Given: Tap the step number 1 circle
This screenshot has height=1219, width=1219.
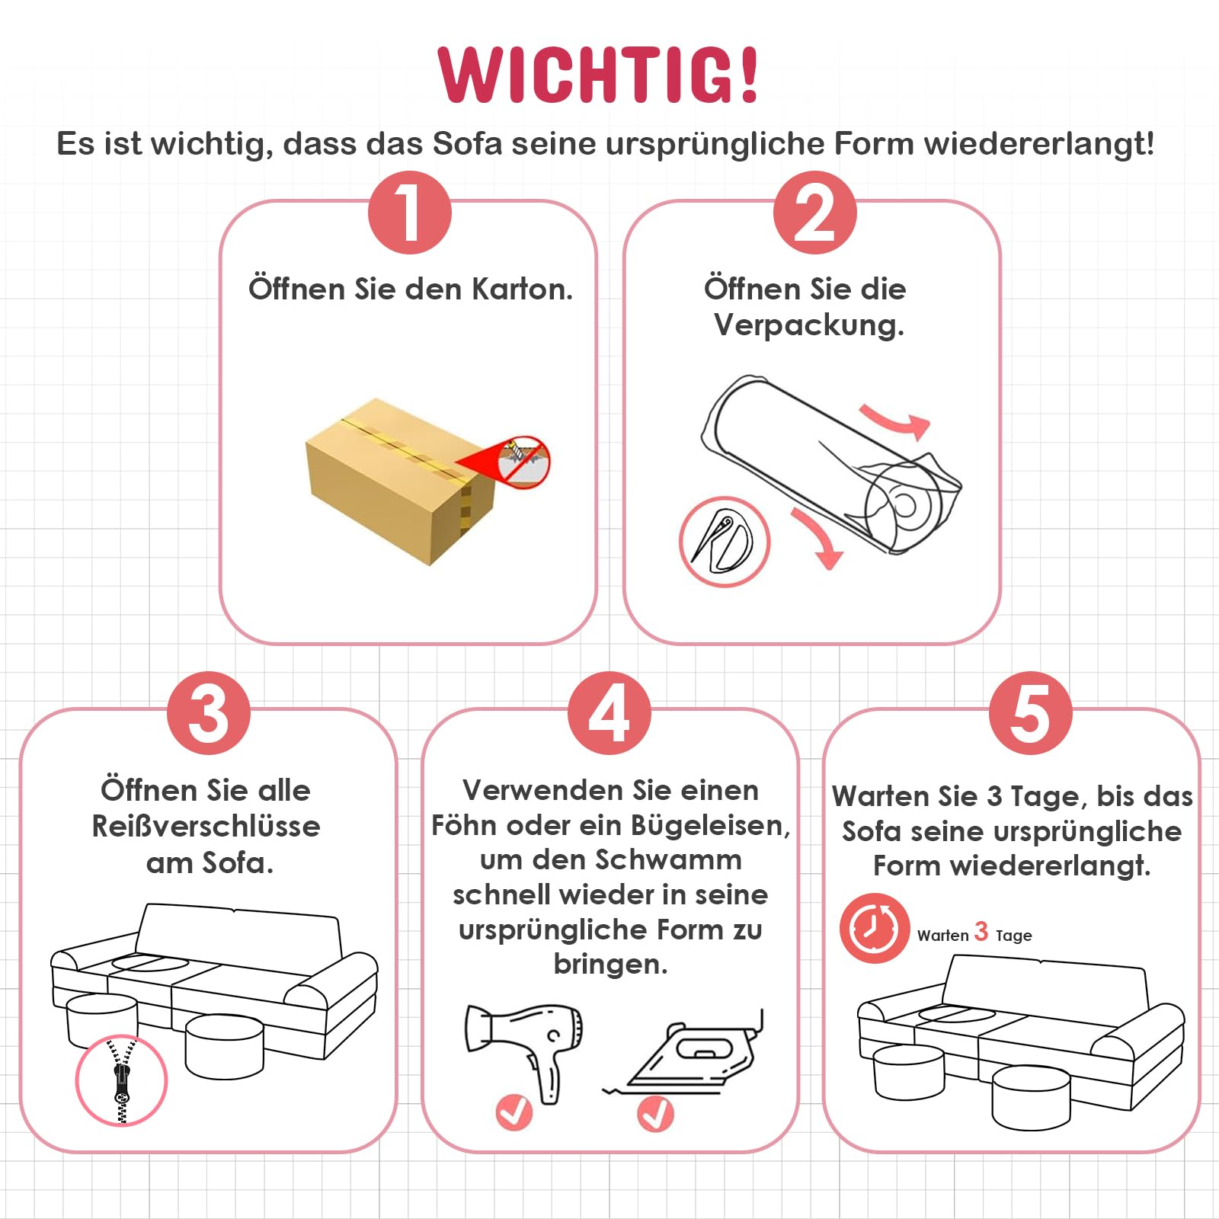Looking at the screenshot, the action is (410, 213).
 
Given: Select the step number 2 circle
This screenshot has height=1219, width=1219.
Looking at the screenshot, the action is (814, 213).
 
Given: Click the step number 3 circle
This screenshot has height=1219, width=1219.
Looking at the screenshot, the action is (209, 713).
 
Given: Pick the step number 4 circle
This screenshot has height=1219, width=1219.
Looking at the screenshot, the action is (609, 713).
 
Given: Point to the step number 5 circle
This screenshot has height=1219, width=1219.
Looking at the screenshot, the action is (1030, 713).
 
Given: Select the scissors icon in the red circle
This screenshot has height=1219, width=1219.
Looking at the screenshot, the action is (724, 542).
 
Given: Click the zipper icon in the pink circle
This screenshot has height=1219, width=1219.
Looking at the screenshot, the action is (121, 1080).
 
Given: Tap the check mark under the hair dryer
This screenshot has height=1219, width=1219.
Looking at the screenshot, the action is (514, 1112).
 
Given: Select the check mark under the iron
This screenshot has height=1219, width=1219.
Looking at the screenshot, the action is (655, 1113).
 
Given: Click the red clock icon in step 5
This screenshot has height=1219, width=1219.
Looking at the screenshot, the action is (874, 928).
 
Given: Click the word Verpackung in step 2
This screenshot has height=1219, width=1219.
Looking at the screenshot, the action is (809, 326).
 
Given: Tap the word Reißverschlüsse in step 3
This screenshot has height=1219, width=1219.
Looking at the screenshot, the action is (206, 826).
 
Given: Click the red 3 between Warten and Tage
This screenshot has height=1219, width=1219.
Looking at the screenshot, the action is (981, 931).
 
